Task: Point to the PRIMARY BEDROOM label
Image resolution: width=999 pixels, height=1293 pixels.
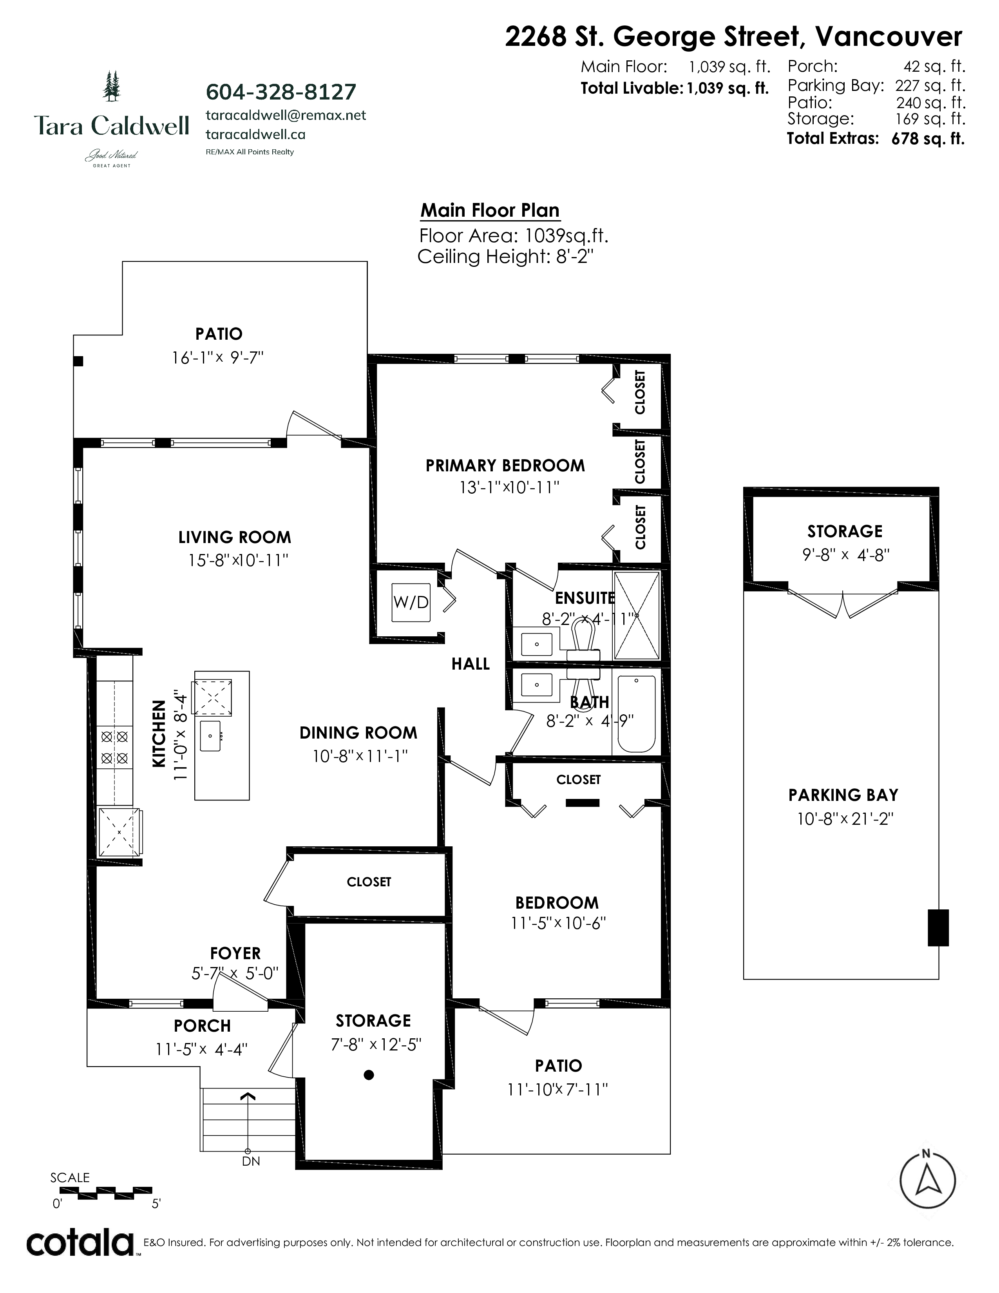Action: [505, 465]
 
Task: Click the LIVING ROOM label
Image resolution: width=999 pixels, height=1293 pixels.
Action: [235, 538]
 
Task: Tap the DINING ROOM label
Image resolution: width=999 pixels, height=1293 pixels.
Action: [358, 733]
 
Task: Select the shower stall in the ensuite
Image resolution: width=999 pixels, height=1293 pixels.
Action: [637, 615]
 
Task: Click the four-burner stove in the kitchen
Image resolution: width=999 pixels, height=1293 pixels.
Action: [115, 747]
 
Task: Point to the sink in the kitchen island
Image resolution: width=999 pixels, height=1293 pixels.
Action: [210, 736]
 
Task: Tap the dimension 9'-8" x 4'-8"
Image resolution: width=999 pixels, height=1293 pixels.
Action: [846, 555]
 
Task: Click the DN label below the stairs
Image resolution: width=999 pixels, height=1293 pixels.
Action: [251, 1161]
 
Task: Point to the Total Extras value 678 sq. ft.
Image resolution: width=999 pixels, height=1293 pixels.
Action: [928, 139]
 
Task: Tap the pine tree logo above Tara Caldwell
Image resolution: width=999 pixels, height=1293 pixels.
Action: [111, 85]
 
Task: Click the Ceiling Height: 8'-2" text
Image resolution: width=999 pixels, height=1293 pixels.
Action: [505, 257]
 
